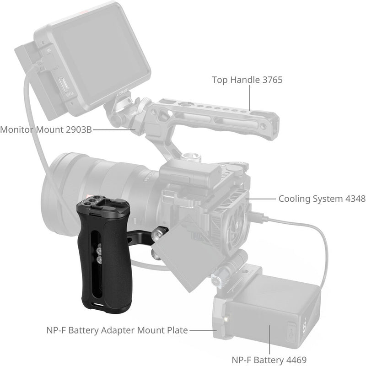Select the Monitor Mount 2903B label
click(x=46, y=129)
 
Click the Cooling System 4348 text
click(x=322, y=199)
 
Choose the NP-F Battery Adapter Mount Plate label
click(x=117, y=330)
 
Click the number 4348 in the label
click(x=353, y=199)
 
